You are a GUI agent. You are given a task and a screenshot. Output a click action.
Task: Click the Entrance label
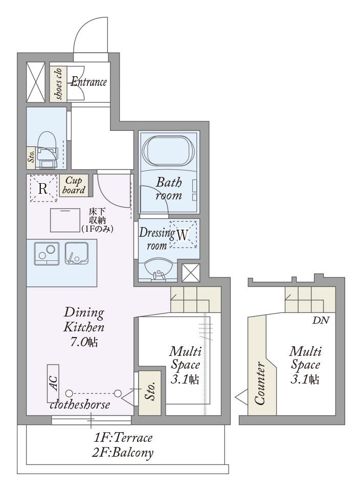pos(89,82)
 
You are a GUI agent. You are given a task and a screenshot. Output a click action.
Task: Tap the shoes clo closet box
pos(58,83)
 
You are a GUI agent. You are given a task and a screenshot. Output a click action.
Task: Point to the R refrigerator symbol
pos(43,188)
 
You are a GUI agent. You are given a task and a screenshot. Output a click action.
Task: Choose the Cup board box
pos(74,185)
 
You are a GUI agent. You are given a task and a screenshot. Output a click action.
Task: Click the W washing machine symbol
pos(183,235)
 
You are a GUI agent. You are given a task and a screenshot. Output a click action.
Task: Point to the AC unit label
pos(53,383)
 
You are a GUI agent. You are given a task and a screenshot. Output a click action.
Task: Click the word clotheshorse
pos(80,405)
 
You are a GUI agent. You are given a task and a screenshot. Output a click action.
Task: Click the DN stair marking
pos(321,320)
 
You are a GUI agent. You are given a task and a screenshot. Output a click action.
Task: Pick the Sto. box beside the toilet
pos(32,158)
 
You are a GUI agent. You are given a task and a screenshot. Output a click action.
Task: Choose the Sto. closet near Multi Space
pos(150,393)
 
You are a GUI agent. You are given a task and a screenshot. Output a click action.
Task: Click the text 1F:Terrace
pos(123,437)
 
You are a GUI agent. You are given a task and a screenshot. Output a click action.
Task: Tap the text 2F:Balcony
pos(122,453)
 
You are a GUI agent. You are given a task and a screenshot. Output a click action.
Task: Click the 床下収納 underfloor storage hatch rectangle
pos(65,220)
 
